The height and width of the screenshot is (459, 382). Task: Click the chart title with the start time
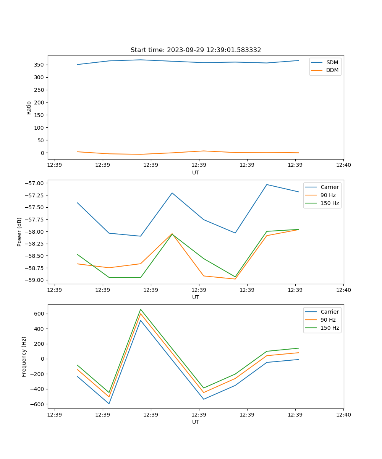[196, 50]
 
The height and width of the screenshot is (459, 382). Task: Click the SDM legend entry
[332, 62]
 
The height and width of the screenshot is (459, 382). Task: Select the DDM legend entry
[332, 70]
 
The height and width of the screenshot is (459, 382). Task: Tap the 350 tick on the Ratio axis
[40, 65]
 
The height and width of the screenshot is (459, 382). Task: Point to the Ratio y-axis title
[29, 107]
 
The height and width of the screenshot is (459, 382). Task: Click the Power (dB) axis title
[19, 232]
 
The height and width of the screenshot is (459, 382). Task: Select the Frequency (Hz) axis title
[24, 356]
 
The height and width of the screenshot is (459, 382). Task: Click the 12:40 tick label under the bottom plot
[343, 414]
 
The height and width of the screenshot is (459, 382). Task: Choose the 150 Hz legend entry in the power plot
[329, 203]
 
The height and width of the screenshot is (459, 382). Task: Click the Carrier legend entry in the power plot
[329, 187]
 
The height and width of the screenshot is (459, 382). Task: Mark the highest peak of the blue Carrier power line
[267, 184]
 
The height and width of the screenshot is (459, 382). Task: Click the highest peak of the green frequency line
[141, 309]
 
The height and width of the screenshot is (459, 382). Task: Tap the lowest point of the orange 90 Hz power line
[235, 279]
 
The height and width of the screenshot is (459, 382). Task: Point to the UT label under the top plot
[196, 173]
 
